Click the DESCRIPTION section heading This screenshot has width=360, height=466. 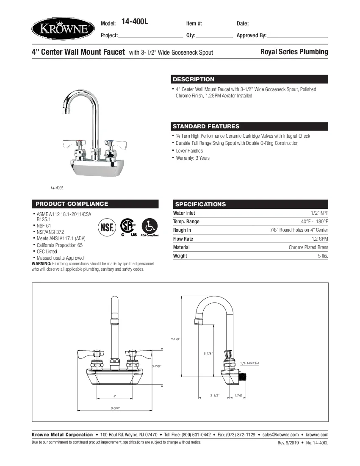click(194, 79)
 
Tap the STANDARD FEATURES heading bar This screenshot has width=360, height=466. click(206, 126)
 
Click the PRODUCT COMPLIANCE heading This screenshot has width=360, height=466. click(72, 204)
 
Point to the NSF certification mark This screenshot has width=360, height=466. click(107, 227)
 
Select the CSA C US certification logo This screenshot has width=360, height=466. click(127, 227)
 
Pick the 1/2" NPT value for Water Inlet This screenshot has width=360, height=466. click(319, 213)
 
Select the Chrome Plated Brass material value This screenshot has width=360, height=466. click(308, 247)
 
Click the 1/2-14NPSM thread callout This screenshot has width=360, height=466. click(250, 363)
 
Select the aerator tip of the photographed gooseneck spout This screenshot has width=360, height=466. click(65, 111)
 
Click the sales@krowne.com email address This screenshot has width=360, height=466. click(280, 435)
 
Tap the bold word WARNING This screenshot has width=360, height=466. click(41, 264)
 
